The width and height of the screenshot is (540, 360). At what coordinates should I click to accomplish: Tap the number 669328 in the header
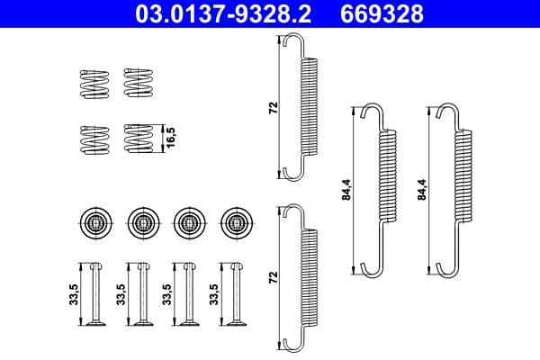tap(380, 15)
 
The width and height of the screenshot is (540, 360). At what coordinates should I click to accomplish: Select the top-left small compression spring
tap(92, 83)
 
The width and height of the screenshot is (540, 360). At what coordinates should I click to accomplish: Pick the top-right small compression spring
tap(137, 83)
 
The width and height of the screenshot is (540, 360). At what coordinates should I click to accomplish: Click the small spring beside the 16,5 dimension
tap(137, 139)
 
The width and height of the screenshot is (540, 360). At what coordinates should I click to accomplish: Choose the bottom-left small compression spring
tap(92, 139)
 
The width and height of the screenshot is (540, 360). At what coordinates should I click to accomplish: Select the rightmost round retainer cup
tap(235, 220)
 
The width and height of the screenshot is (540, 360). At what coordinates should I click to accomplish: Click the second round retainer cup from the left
tap(141, 220)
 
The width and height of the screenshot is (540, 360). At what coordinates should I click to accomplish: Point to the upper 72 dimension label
tap(273, 108)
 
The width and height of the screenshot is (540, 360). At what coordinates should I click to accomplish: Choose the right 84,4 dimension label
tap(422, 190)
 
